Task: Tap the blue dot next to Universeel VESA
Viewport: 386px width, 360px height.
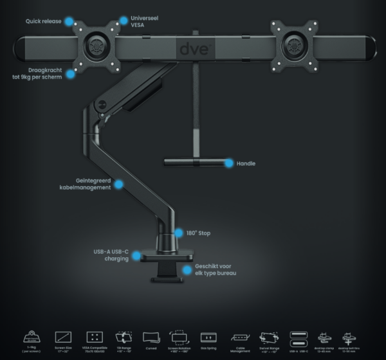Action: click(x=123, y=21)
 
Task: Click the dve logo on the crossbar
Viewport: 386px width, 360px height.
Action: click(x=193, y=48)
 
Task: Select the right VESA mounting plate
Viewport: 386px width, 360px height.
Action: click(x=295, y=47)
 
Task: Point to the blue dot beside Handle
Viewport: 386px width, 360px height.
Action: click(x=228, y=163)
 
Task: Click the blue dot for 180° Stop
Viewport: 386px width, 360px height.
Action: click(x=180, y=233)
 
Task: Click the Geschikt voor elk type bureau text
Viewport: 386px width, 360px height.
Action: click(x=213, y=270)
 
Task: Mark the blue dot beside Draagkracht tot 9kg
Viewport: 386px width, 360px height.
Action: click(x=70, y=74)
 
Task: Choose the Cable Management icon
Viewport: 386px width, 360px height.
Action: click(x=239, y=337)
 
